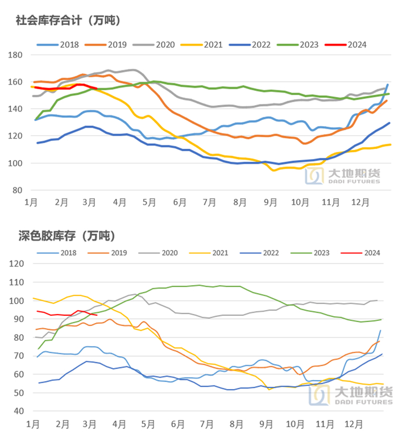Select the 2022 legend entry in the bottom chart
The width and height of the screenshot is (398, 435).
click(x=262, y=253)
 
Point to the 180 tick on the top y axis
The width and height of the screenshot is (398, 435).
click(x=16, y=55)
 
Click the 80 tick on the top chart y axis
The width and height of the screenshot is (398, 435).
click(x=18, y=190)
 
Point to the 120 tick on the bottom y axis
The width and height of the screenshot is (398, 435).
click(x=16, y=264)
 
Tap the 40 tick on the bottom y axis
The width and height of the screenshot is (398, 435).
click(x=18, y=411)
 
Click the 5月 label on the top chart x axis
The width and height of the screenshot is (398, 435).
click(x=148, y=202)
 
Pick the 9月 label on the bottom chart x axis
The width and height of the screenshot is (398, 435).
click(x=266, y=423)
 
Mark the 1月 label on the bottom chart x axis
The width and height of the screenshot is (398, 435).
click(x=32, y=423)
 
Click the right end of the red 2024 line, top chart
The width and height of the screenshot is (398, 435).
click(x=97, y=89)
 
